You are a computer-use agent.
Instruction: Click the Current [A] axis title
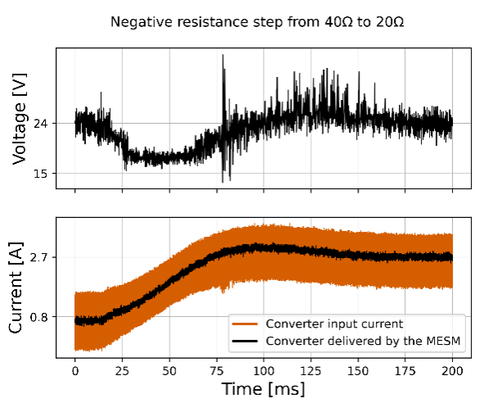click(23, 288)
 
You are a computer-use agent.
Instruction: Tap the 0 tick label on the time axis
click(75, 369)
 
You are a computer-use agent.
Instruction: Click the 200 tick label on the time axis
click(452, 369)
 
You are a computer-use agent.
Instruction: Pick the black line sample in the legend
click(246, 343)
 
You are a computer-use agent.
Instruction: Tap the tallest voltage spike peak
click(224, 56)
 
